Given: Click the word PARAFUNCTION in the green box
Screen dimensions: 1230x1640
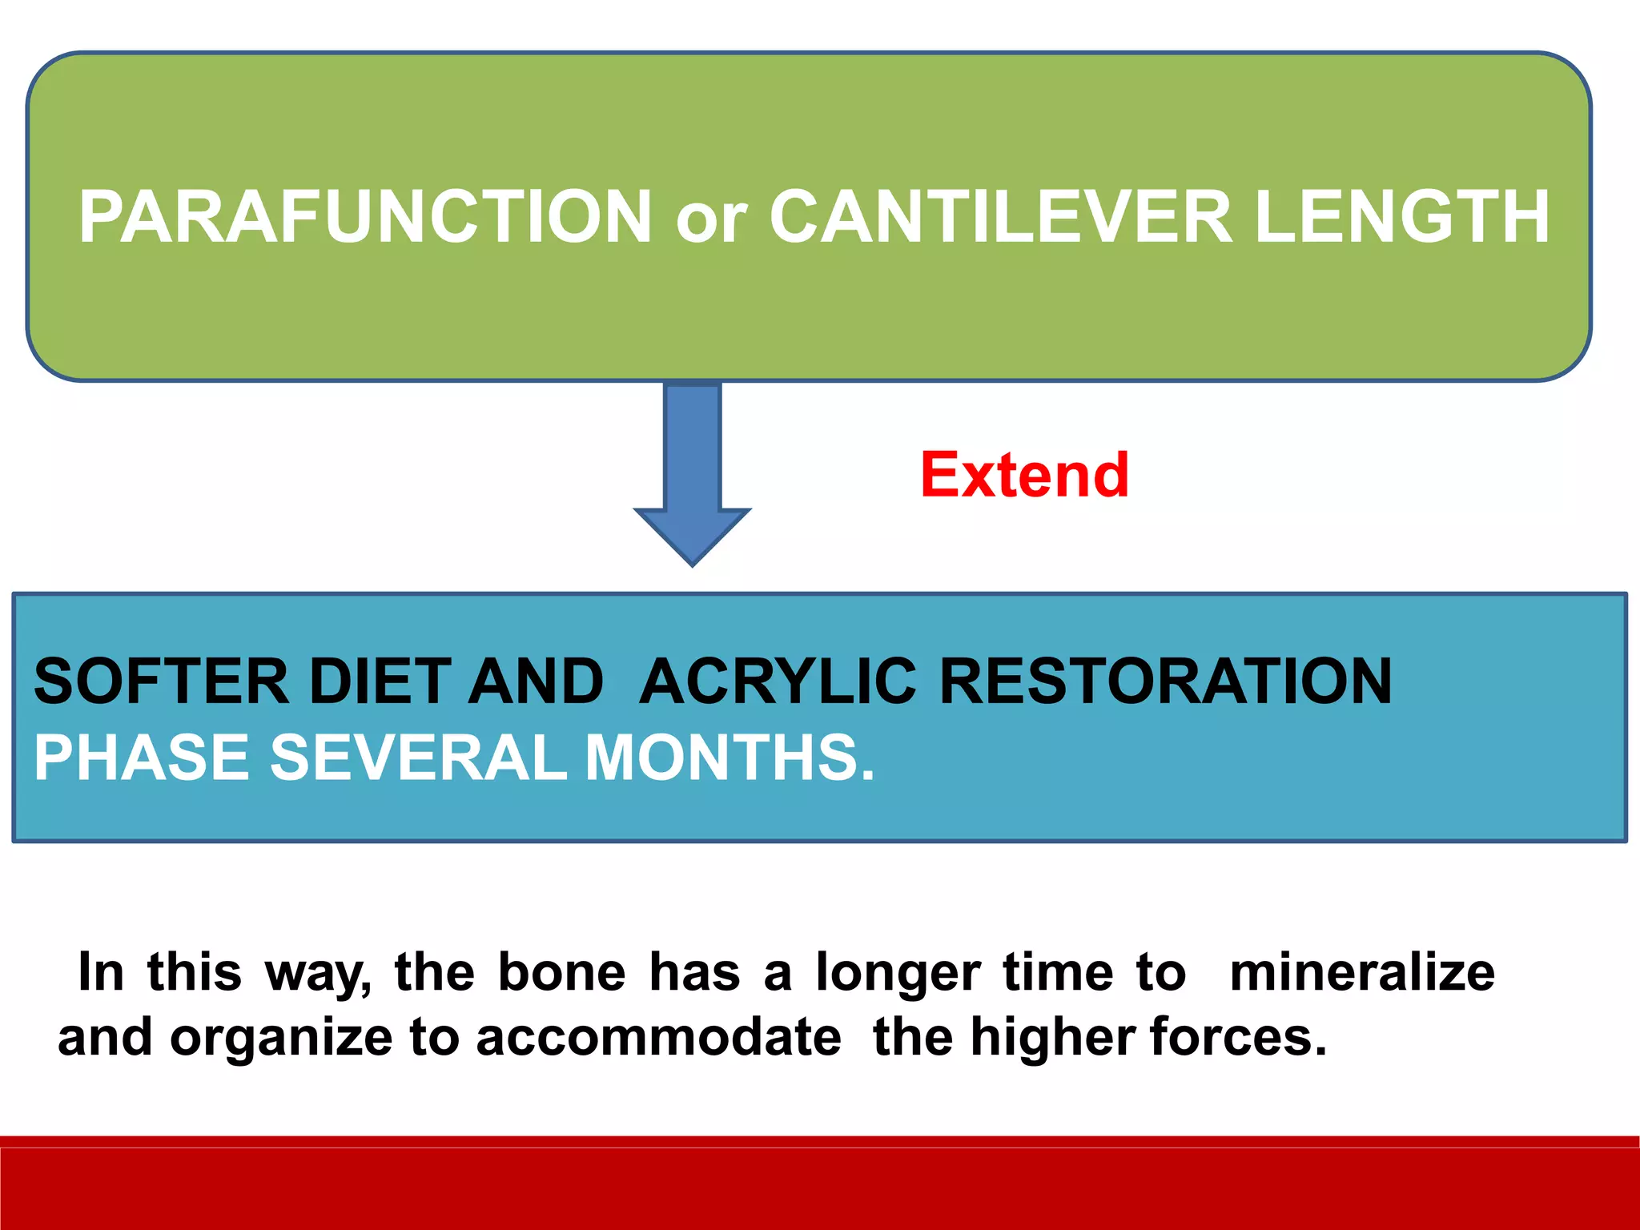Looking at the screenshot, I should point(365,217).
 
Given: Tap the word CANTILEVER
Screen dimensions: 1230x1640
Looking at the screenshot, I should point(1001,217).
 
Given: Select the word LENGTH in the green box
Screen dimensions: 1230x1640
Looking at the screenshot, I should point(1402,217).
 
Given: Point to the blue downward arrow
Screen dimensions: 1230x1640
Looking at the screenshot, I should point(693,472).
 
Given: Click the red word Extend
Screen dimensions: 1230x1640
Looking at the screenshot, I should point(1024,475).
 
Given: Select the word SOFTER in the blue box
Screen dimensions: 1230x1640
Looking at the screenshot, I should point(161,681).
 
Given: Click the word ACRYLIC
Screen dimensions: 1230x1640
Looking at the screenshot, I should point(777,681).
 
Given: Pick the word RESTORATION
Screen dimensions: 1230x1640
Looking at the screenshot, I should point(1165,681).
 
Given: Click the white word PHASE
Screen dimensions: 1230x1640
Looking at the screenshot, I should point(141,758).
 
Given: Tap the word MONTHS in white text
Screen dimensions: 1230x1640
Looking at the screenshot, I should point(729,758).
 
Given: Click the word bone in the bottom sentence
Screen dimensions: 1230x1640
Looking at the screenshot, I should point(561,973).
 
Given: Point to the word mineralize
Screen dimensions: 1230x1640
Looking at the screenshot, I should point(1361,973).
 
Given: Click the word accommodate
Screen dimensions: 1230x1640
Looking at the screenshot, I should point(658,1038).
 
